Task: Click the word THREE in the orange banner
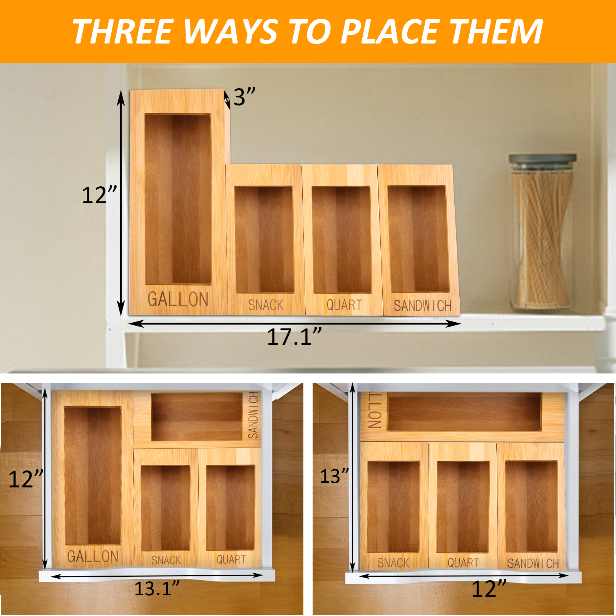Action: click(122, 32)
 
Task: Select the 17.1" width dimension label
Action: click(295, 337)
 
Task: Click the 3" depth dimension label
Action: click(244, 97)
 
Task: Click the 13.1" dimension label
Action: click(157, 588)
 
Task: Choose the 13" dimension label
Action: click(335, 476)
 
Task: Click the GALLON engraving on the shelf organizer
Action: click(178, 300)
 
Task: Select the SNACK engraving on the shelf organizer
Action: click(266, 305)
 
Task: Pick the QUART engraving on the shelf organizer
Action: click(344, 305)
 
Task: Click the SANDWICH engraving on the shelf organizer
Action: click(422, 306)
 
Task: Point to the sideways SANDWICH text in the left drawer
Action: click(253, 415)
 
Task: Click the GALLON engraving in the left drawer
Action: click(93, 556)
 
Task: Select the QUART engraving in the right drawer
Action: click(463, 563)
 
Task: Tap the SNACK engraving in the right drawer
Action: click(393, 563)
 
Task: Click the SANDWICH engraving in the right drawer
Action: click(533, 564)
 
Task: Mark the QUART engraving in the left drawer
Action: click(231, 559)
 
